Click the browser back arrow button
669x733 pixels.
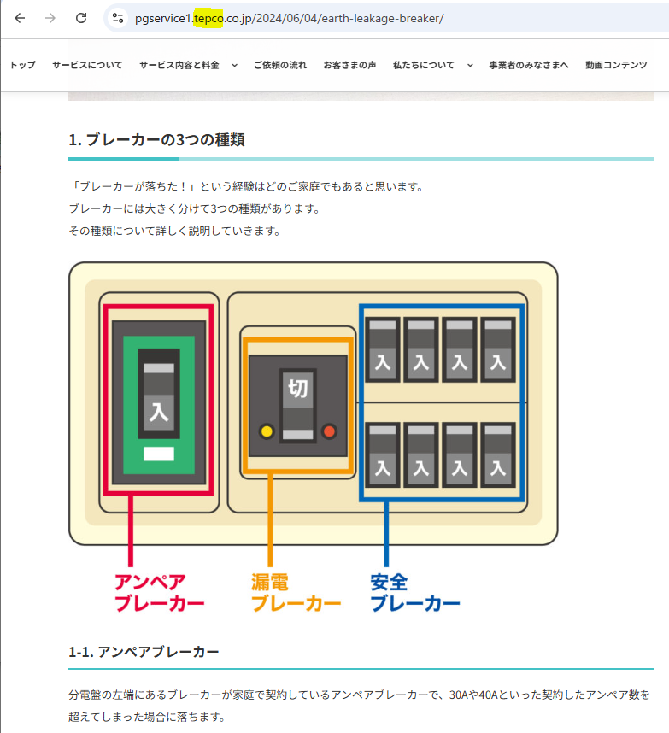(20, 18)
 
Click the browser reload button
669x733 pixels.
(81, 18)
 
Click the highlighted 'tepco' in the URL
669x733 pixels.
(208, 18)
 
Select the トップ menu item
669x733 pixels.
(23, 65)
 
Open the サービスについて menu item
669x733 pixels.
(87, 65)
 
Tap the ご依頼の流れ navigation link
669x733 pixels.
(280, 65)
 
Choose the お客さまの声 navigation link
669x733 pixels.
(350, 65)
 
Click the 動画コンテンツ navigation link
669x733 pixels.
(616, 65)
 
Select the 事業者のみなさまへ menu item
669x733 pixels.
(529, 65)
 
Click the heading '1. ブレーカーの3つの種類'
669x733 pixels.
(156, 139)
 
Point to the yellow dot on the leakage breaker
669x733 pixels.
(267, 431)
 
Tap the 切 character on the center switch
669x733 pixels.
(298, 390)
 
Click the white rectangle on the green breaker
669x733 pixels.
(159, 454)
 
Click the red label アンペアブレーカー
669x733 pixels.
(159, 593)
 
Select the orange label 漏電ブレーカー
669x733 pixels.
(296, 593)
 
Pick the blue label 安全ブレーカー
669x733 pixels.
(415, 593)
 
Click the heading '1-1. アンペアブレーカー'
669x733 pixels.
(144, 652)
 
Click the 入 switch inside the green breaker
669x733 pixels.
(159, 410)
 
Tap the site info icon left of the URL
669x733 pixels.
(118, 18)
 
